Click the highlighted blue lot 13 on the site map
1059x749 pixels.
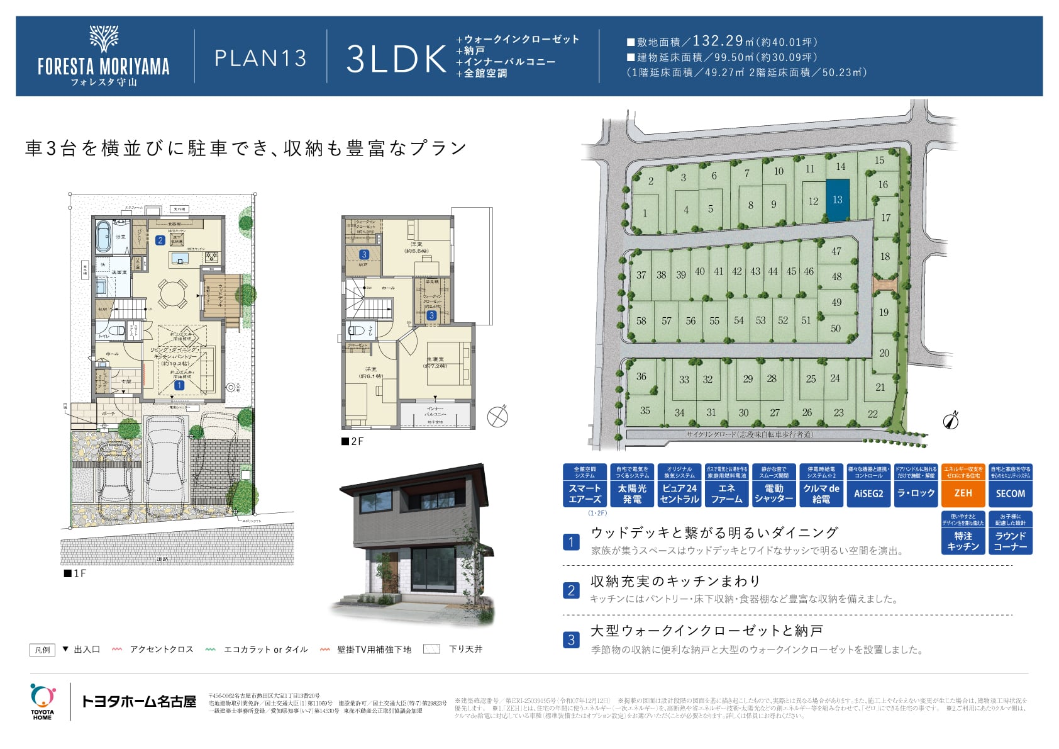837,200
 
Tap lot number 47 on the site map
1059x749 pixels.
836,251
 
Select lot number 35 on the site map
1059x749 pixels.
645,410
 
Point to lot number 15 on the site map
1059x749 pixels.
879,160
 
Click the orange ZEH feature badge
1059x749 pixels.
963,485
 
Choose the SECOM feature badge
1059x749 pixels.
1010,485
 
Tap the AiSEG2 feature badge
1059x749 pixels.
868,485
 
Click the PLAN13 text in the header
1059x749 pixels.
260,58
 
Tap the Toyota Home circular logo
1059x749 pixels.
42,696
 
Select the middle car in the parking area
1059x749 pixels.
165,463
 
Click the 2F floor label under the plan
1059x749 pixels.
353,441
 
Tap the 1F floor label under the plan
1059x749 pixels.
75,573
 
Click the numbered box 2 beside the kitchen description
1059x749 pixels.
571,590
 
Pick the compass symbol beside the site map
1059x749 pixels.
951,420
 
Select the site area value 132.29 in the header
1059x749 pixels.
718,41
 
